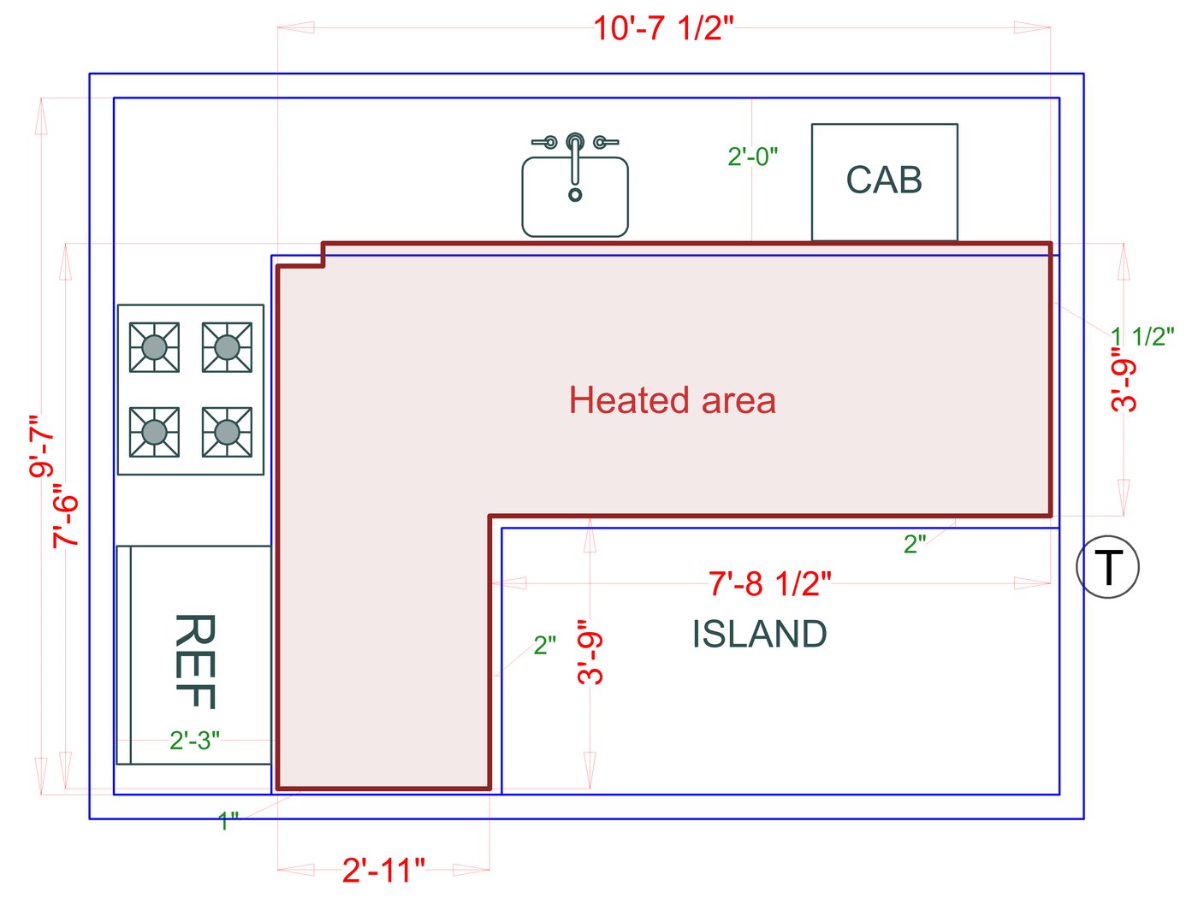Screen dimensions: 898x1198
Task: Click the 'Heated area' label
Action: coord(672,400)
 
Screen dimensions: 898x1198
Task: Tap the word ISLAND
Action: coord(759,634)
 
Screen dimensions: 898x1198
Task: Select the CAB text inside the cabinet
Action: coord(884,180)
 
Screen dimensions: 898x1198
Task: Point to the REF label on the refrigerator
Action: coord(194,660)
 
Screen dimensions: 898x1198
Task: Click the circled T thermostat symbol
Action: coord(1107,566)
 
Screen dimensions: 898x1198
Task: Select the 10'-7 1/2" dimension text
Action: coord(663,28)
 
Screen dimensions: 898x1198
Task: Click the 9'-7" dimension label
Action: coord(42,446)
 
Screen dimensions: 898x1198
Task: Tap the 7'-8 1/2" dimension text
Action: coord(769,583)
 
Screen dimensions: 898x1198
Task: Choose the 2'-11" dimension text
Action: coord(383,870)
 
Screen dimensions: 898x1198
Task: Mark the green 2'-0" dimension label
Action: coord(752,157)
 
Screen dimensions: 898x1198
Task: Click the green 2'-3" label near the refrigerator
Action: coord(194,740)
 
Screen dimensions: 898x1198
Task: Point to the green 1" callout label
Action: coord(228,822)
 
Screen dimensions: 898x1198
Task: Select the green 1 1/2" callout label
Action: coord(1142,336)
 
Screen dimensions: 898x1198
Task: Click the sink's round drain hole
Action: coord(575,195)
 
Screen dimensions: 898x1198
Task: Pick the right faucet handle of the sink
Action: coord(604,142)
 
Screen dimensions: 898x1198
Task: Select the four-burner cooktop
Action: coord(190,389)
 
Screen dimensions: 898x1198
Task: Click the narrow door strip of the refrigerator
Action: coord(124,654)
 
